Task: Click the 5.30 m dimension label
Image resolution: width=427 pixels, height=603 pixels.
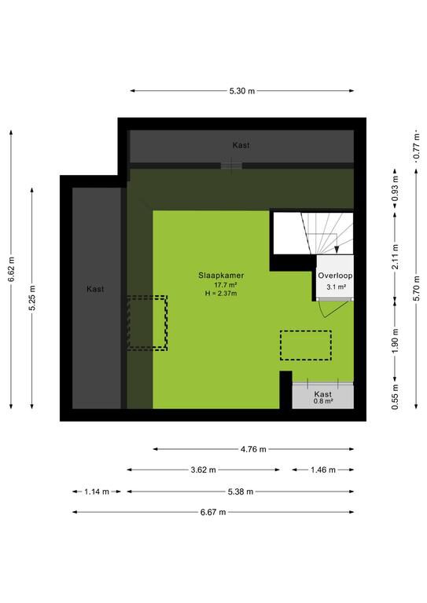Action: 241,91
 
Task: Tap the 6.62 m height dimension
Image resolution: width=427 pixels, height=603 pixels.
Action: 12,269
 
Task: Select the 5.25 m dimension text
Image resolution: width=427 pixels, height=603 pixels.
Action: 32,298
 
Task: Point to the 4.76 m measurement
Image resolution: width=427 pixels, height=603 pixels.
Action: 253,449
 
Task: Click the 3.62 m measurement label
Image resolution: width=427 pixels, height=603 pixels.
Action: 204,470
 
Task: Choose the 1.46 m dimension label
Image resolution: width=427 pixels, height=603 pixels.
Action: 323,470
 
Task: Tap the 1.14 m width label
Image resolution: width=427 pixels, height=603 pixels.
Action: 97,492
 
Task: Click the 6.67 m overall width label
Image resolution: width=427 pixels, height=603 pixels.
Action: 213,512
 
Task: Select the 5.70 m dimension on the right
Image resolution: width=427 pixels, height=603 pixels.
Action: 417,288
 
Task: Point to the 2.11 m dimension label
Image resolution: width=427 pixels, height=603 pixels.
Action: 395,257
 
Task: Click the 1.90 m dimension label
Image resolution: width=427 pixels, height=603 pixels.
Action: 395,340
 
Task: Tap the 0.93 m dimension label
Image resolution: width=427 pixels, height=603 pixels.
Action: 395,188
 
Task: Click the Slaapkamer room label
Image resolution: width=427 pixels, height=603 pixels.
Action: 222,276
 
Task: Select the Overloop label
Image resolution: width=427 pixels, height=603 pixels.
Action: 335,276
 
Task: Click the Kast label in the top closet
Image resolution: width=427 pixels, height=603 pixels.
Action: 241,145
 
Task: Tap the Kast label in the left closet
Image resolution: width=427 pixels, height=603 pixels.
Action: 95,289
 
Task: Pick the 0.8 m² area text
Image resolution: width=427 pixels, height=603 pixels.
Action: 323,401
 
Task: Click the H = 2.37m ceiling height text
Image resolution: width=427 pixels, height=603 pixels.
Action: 221,294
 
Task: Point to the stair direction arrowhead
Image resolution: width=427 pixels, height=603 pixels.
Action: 337,250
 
